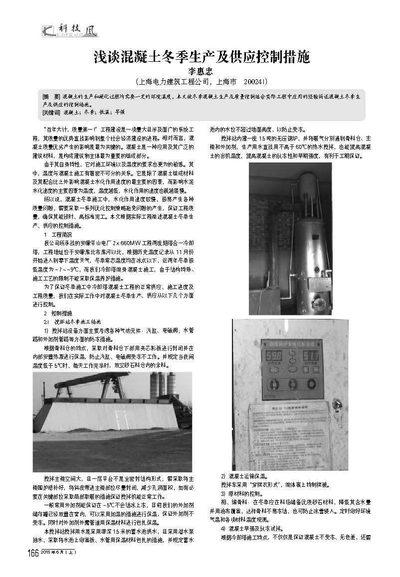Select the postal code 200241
(x=256, y=81)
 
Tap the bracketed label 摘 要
(x=52, y=95)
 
